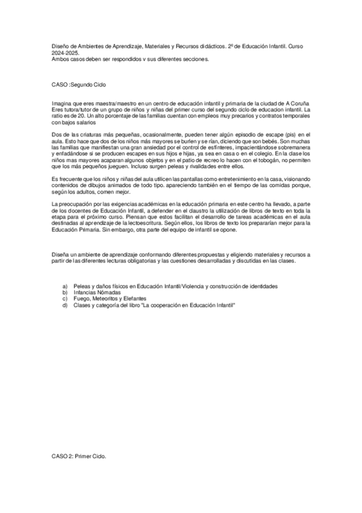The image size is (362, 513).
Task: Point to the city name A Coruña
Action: coord(294,104)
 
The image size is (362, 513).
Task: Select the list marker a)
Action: coord(65,286)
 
